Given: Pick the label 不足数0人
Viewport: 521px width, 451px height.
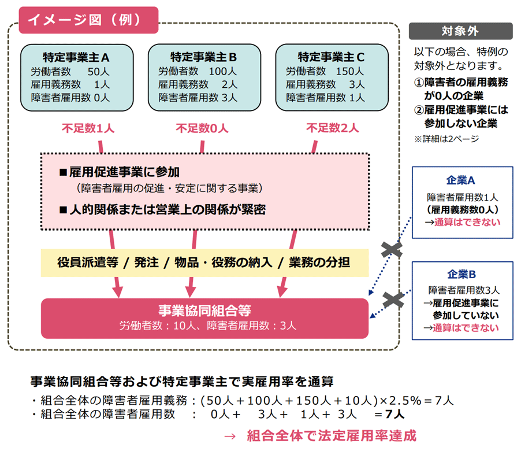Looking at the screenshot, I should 202,128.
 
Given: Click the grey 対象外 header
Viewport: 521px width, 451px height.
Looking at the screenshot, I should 460,31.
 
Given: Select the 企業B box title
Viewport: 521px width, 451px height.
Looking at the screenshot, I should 462,274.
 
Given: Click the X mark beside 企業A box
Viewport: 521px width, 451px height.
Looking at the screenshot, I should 393,250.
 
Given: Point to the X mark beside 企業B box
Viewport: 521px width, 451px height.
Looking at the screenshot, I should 393,300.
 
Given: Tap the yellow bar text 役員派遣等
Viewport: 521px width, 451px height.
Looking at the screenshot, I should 87,263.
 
